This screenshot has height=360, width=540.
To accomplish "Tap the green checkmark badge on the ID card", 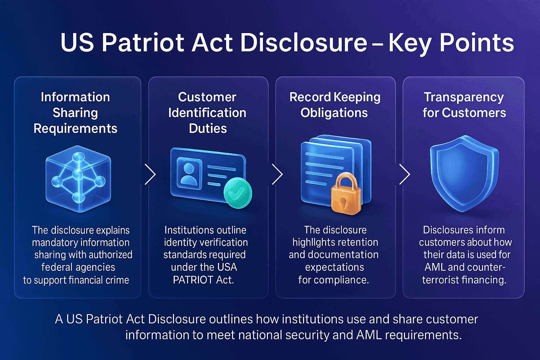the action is (x=238, y=193).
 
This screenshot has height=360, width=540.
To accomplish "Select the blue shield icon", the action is (x=464, y=174).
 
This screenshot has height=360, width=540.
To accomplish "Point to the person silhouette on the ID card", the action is (x=189, y=174).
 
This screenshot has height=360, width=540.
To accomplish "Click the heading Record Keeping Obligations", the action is (x=335, y=105).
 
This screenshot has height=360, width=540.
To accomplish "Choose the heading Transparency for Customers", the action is (x=464, y=105).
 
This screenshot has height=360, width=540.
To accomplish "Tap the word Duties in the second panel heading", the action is (x=208, y=128).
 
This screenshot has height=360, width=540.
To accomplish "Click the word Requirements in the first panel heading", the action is (x=75, y=128).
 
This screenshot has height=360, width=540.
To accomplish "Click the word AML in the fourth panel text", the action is (x=435, y=267).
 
